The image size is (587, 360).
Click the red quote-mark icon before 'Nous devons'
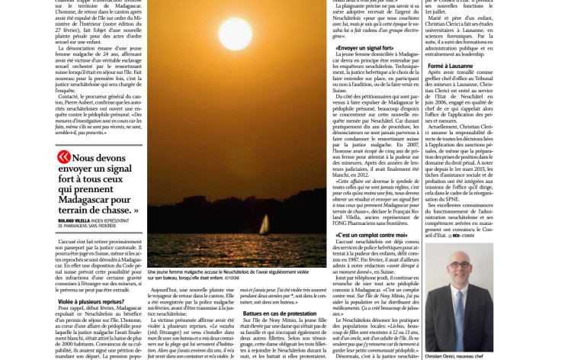[x=65, y=158]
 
